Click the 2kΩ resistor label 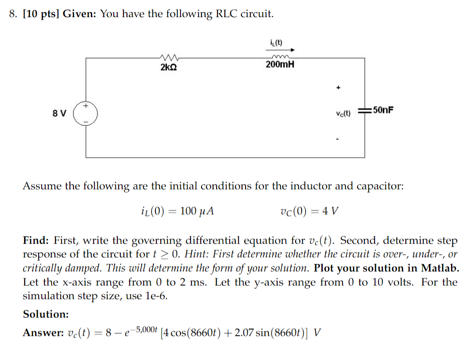point(169,68)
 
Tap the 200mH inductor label point(280,65)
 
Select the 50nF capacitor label point(381,110)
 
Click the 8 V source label point(60,113)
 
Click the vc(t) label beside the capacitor point(343,113)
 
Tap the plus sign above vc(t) point(338,87)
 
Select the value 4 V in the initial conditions point(330,211)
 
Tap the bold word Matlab point(440,268)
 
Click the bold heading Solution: point(46,314)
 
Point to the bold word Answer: point(43,333)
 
